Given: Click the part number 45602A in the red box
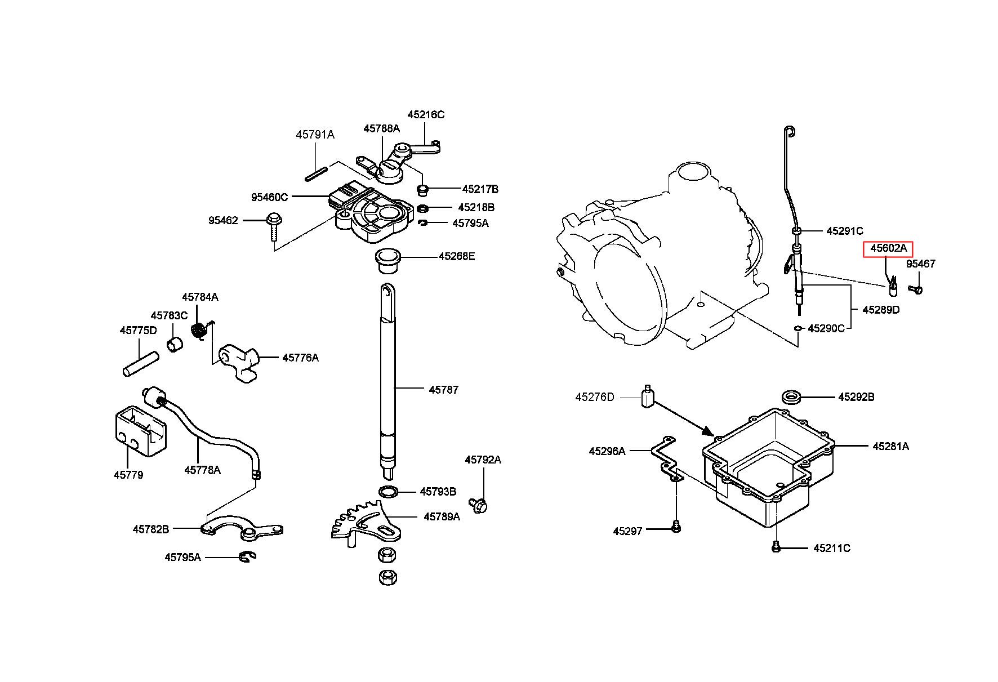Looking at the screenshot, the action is (x=889, y=248).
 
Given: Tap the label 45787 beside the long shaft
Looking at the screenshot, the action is (x=444, y=390).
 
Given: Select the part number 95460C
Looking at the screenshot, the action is (x=269, y=197).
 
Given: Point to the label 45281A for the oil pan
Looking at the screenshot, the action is (x=891, y=446).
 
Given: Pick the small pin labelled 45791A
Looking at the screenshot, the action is (x=317, y=173).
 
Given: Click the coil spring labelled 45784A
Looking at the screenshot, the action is (x=198, y=331).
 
